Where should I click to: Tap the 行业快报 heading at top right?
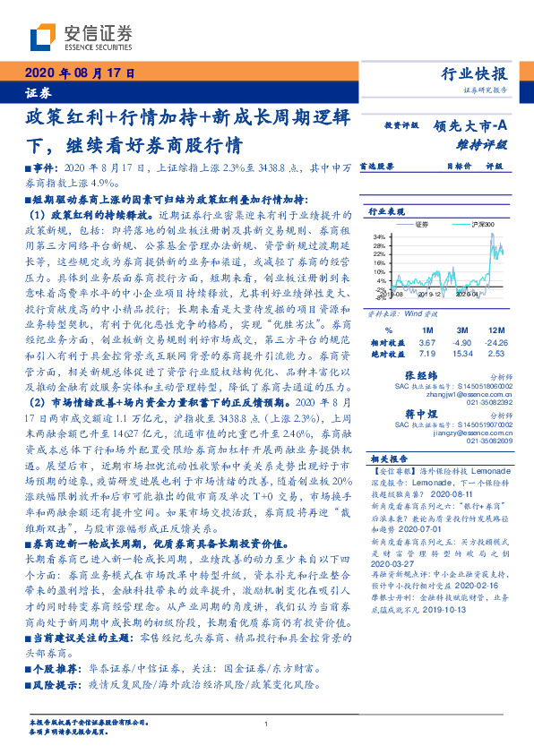(x=476, y=74)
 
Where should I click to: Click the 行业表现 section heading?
(x=386, y=212)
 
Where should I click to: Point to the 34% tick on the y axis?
(x=378, y=236)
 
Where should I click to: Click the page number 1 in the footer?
(x=267, y=724)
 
